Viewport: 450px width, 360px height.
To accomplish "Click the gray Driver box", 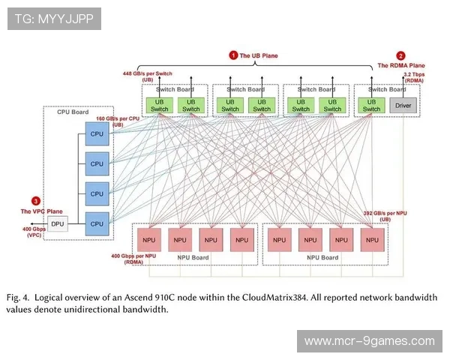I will [403, 105].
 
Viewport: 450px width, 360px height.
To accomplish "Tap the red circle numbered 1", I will [233, 55].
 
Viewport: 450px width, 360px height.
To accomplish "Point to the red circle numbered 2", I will [400, 55].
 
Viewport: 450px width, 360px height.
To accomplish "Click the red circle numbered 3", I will [35, 200].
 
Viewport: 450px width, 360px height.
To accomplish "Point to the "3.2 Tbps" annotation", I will [415, 75].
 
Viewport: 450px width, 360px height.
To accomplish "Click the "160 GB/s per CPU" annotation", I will [118, 118].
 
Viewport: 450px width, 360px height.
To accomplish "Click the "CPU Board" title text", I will [73, 112].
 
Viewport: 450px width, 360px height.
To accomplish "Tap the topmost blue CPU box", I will [97, 133].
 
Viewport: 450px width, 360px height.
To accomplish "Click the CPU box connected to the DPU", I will [97, 223].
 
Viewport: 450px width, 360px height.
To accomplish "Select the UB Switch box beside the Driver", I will [371, 105].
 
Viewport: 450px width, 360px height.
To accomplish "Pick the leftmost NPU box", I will [148, 240].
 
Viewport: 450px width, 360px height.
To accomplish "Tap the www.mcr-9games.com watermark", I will [369, 341].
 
